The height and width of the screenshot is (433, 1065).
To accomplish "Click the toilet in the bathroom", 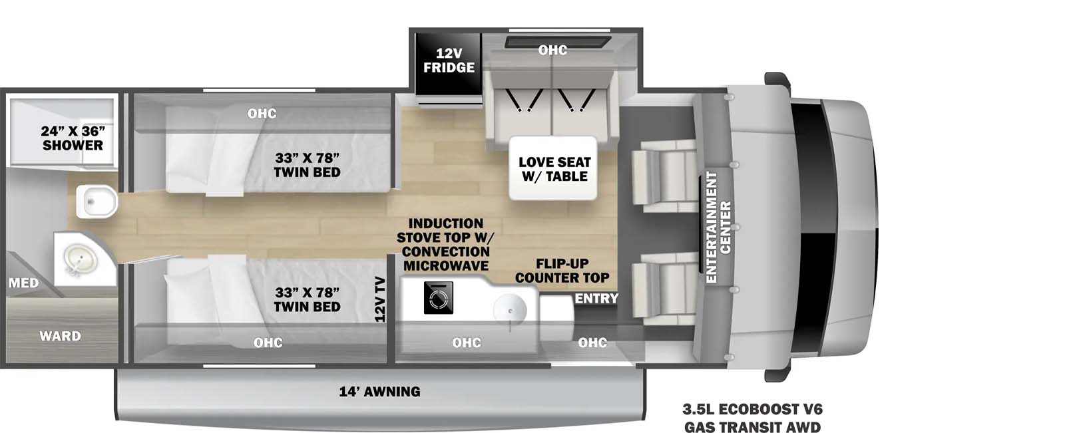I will tap(96, 202).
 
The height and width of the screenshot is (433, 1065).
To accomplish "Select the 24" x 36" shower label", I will tap(73, 138).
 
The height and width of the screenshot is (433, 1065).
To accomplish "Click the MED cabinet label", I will tap(23, 283).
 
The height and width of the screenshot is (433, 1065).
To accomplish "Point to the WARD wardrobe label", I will tap(60, 336).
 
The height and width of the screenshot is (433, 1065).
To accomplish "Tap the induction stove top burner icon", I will tap(438, 297).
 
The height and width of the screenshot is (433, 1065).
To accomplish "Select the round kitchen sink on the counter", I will tap(510, 310).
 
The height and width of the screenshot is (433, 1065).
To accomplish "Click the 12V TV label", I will tap(380, 299).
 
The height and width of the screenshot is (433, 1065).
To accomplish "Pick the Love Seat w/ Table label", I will tap(554, 170).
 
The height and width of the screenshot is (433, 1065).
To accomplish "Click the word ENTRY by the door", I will tap(596, 299).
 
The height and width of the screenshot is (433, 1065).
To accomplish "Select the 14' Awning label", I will tap(379, 392).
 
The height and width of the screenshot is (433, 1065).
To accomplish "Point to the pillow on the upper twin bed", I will tap(193, 162).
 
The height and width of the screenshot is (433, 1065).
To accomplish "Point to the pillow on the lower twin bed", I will tap(193, 293).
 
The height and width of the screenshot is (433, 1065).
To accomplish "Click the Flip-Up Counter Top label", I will tap(562, 271).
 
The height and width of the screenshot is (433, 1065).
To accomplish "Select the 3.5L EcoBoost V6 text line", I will tap(751, 410).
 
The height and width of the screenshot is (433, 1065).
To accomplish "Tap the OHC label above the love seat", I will tap(552, 50).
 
